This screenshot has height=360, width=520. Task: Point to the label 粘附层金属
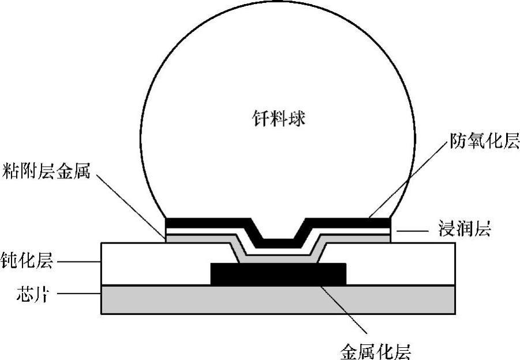[45, 171]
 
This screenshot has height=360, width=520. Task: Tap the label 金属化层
[376, 348]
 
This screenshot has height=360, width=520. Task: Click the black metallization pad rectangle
[279, 274]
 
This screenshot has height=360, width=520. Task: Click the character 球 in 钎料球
[297, 120]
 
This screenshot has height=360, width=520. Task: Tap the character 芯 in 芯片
[17, 297]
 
